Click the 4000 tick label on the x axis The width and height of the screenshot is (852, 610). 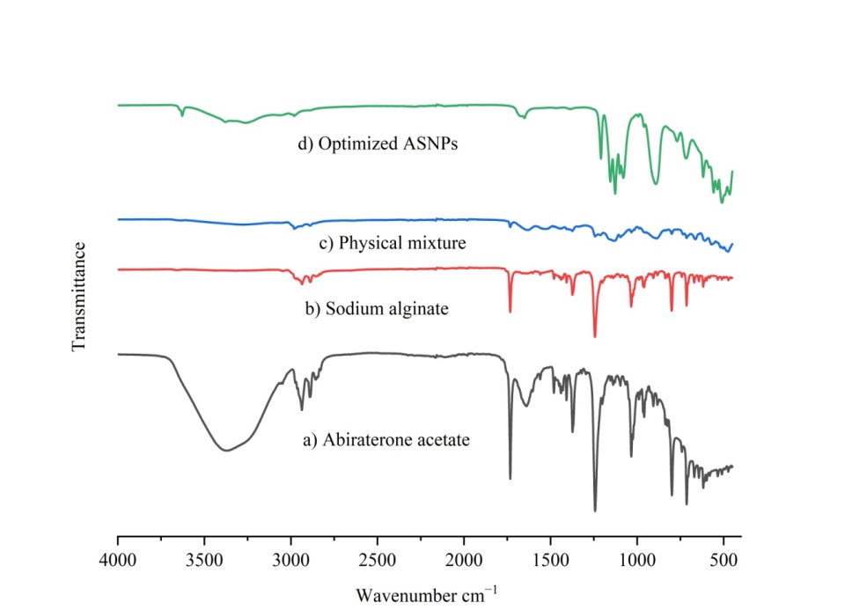click(x=117, y=558)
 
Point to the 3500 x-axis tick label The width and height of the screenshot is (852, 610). click(x=204, y=558)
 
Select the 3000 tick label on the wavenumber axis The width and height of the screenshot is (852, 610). click(x=290, y=558)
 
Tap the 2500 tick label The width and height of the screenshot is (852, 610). click(x=378, y=558)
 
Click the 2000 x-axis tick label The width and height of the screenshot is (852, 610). click(x=464, y=558)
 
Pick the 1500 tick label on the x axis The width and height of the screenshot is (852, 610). click(x=551, y=558)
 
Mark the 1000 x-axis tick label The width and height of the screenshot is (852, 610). click(x=637, y=558)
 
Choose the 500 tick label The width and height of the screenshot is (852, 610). click(x=723, y=558)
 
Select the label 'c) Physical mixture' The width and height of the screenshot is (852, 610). click(x=392, y=242)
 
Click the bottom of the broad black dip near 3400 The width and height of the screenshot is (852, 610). click(x=227, y=451)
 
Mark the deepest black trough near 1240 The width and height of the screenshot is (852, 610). click(x=595, y=511)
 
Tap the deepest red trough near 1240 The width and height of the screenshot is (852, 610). click(x=595, y=336)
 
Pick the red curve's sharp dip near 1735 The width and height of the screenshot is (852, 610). click(x=510, y=312)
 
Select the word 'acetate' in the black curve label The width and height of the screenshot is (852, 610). click(x=442, y=437)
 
